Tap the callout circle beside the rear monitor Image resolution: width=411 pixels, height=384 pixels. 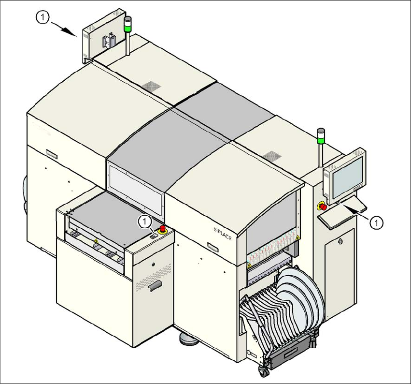(x=43, y=17)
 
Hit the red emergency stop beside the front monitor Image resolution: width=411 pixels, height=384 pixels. (x=323, y=207)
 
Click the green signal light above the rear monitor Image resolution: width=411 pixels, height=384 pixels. (x=128, y=27)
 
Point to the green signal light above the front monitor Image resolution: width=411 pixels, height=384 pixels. (x=320, y=140)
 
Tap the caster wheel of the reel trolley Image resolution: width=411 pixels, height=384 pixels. (x=264, y=371)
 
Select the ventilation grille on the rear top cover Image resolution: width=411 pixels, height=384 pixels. (x=151, y=86)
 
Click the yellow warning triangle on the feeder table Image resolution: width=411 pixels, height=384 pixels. (x=97, y=240)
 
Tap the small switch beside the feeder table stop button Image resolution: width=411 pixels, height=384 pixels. (x=153, y=236)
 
